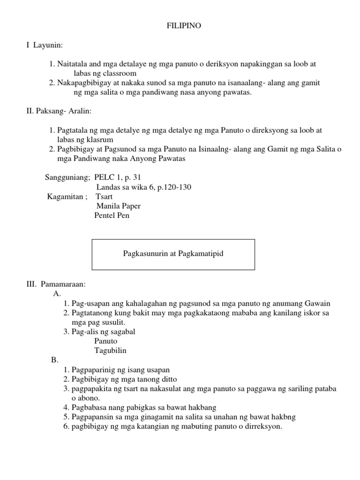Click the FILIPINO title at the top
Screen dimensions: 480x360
184,26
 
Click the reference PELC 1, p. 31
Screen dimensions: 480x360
117,178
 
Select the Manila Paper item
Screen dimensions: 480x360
118,206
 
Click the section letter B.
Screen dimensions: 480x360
54,360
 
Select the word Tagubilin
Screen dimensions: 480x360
110,351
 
